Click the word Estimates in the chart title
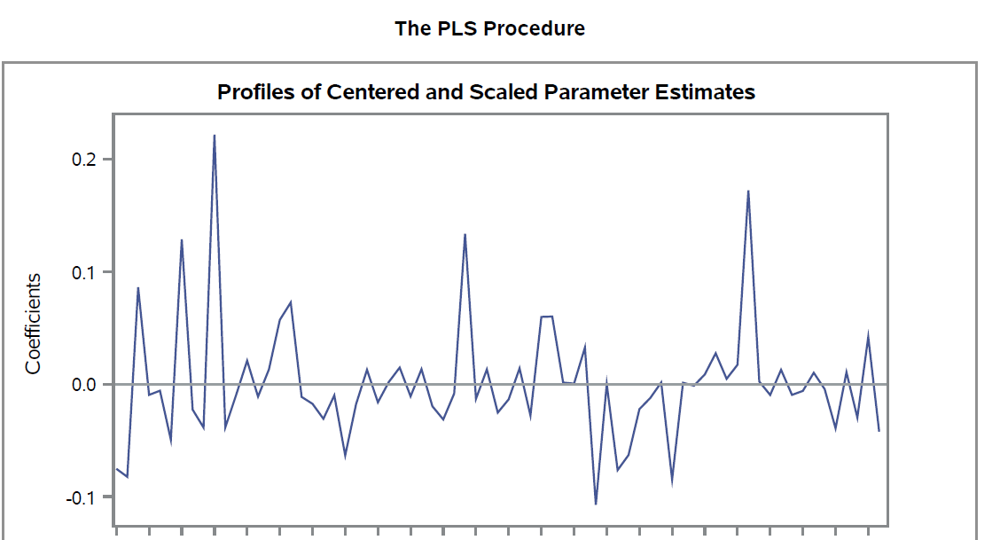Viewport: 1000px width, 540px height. click(x=705, y=92)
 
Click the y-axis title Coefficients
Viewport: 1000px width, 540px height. click(x=34, y=323)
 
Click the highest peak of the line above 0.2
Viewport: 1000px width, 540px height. click(x=215, y=136)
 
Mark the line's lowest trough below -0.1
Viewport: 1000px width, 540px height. click(x=596, y=504)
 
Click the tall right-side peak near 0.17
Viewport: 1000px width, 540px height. click(x=748, y=191)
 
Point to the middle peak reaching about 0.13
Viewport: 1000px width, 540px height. click(x=465, y=234)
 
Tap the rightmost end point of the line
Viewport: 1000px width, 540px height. click(x=879, y=431)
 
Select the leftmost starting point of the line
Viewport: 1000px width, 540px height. click(x=117, y=468)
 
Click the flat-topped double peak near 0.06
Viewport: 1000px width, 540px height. click(x=546, y=317)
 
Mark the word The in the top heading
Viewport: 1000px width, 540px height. click(x=411, y=28)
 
